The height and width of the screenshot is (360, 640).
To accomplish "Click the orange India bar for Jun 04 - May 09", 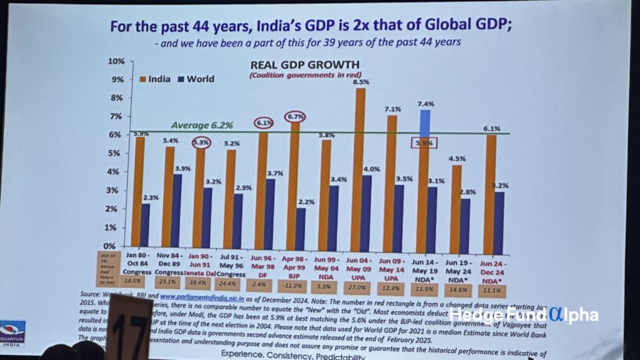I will [x=360, y=168].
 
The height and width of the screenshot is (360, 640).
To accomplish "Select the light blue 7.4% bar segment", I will [x=425, y=123].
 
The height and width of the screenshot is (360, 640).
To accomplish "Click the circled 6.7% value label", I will [x=295, y=117].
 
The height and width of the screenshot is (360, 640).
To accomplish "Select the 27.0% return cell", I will [x=357, y=288].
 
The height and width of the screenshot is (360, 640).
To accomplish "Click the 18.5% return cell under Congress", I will [x=134, y=280].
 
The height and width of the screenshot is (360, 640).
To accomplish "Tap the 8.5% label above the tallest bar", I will [x=361, y=81].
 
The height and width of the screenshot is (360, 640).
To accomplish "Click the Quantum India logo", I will [x=12, y=332].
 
